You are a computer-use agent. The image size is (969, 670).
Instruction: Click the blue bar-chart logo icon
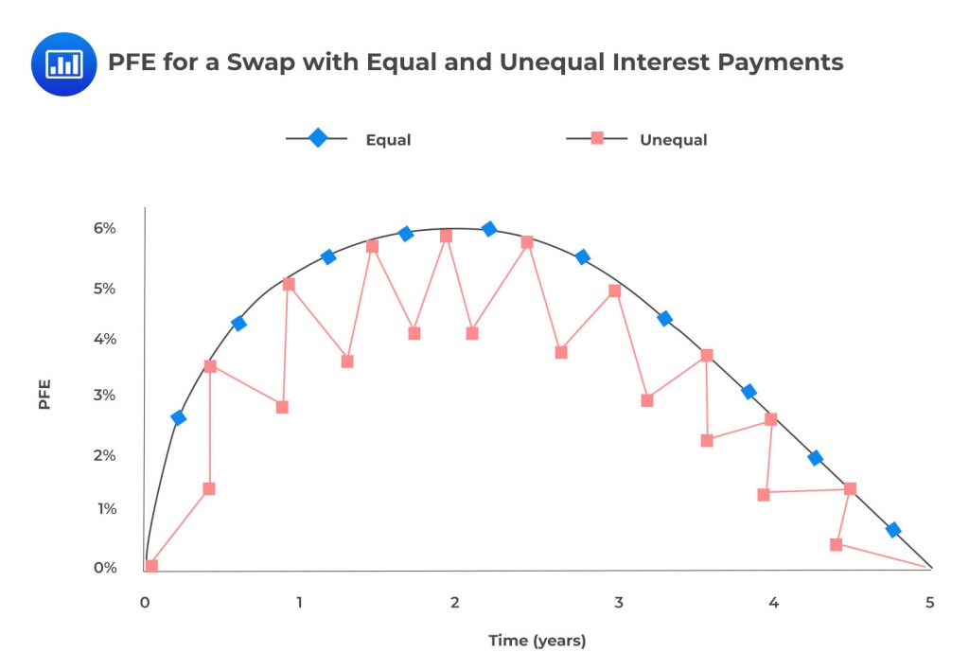(63, 63)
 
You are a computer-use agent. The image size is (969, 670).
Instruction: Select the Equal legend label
(388, 140)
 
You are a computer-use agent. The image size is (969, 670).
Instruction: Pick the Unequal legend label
(673, 140)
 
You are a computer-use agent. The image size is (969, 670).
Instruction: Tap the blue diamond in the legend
(318, 138)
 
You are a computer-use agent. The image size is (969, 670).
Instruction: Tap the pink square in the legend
(597, 138)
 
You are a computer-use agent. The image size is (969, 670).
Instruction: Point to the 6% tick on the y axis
(104, 228)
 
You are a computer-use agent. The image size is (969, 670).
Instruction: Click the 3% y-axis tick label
(104, 396)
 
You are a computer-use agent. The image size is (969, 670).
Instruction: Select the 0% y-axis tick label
(104, 568)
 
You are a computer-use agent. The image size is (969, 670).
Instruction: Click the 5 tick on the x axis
(929, 603)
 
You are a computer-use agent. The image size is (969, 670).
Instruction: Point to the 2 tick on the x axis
(455, 603)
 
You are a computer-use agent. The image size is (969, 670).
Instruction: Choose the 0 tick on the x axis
(145, 603)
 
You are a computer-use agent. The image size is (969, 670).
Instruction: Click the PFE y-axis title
(44, 395)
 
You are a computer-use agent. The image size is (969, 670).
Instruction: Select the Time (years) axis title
(537, 641)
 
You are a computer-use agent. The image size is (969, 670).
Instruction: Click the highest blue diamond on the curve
(488, 229)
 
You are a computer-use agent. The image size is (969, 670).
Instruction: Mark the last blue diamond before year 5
(892, 530)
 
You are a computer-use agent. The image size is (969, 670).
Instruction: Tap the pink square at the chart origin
(151, 566)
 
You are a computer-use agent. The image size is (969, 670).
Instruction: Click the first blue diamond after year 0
(178, 417)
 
